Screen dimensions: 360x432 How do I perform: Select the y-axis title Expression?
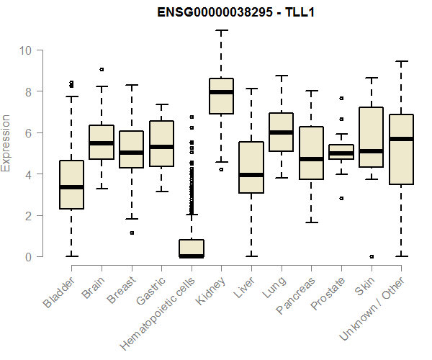(x=6, y=143)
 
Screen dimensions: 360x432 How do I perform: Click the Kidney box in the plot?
(x=221, y=96)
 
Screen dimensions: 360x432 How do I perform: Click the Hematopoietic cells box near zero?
(x=192, y=248)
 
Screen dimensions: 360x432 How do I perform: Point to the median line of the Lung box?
(x=281, y=132)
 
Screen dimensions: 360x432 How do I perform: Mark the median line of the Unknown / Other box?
(x=400, y=139)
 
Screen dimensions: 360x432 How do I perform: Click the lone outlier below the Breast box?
(x=132, y=233)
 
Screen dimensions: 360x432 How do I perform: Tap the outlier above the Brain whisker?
(x=102, y=70)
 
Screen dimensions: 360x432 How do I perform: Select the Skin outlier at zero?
(x=371, y=256)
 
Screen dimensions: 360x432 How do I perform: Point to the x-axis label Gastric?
(x=152, y=290)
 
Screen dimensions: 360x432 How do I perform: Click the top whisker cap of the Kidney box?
(x=221, y=31)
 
